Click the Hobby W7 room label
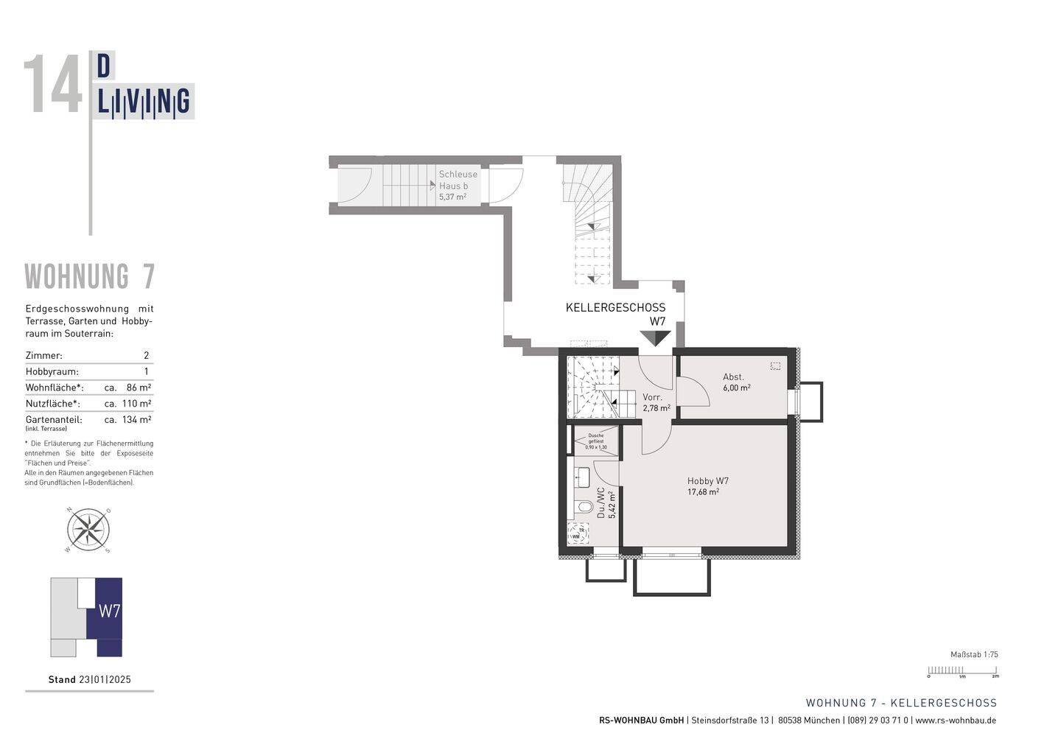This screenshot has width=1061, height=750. pos(707,486)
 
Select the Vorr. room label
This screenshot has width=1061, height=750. pos(655,402)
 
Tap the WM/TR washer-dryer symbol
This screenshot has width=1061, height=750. pos(578,533)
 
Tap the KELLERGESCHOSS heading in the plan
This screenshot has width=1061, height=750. pos(615,308)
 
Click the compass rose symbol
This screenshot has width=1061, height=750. pos(88,529)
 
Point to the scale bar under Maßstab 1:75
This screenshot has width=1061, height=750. pos(962,670)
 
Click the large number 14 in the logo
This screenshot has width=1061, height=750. pos(53,86)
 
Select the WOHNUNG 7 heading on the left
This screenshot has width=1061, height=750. pos(90,277)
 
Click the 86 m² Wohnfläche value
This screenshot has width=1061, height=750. pos(139,388)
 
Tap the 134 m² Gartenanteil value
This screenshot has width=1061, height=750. pos(137,420)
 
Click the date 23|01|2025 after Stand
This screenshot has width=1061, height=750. pos(105,680)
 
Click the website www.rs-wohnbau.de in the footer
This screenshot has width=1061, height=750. pos(956,721)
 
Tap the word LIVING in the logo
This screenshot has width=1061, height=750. pos(144,102)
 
